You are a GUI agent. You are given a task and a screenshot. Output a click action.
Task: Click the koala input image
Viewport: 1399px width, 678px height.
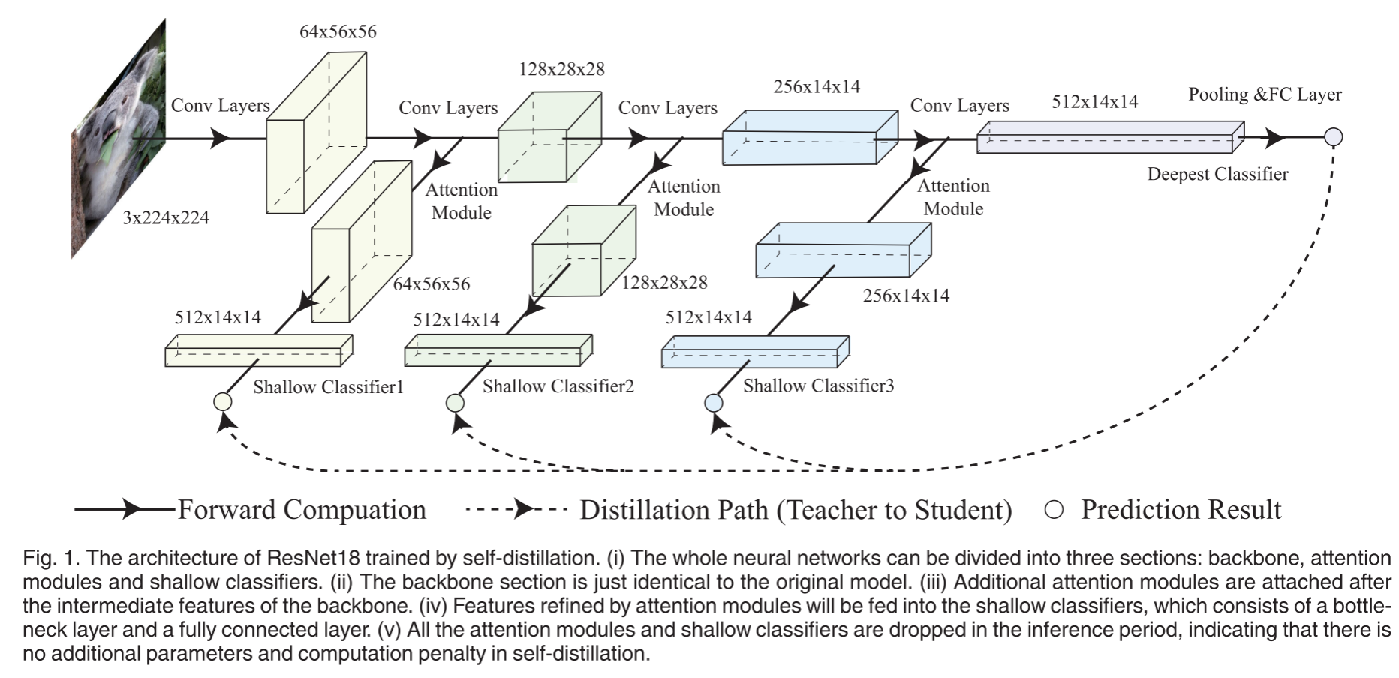pyautogui.click(x=118, y=139)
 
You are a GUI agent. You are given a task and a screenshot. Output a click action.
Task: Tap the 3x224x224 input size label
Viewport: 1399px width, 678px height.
pyautogui.click(x=166, y=218)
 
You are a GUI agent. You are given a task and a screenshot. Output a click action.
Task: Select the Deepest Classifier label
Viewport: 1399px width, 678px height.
pyautogui.click(x=1217, y=175)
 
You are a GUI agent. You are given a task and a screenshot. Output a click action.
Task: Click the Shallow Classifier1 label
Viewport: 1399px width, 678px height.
pyautogui.click(x=328, y=387)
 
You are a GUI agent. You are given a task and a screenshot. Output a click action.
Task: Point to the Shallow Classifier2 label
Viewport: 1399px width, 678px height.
pyautogui.click(x=558, y=386)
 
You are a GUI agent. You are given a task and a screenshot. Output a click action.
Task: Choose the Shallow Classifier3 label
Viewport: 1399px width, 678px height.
pyautogui.click(x=818, y=385)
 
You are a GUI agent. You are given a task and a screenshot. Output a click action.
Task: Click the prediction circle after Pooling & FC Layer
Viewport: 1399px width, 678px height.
pyautogui.click(x=1333, y=137)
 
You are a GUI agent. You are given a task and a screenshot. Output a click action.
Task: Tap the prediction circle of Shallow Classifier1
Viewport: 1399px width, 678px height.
pyautogui.click(x=223, y=402)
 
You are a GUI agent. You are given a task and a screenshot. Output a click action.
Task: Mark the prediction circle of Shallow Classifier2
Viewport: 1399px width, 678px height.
pyautogui.click(x=455, y=403)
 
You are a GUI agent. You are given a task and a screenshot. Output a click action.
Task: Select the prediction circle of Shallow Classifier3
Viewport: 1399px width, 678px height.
pyautogui.click(x=713, y=403)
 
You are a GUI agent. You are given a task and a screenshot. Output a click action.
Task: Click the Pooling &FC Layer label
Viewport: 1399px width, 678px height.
pyautogui.click(x=1265, y=94)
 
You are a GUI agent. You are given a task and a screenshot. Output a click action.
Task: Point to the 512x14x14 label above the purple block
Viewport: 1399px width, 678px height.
pyautogui.click(x=1094, y=102)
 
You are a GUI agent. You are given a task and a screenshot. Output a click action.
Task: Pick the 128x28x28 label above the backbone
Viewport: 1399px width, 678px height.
pyautogui.click(x=561, y=70)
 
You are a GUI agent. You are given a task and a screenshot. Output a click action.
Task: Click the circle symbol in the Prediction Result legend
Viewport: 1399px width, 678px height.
pyautogui.click(x=1054, y=510)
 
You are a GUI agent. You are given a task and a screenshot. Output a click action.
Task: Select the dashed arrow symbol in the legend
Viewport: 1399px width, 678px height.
pyautogui.click(x=516, y=510)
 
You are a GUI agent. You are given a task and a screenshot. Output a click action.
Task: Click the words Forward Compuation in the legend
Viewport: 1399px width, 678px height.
pyautogui.click(x=302, y=510)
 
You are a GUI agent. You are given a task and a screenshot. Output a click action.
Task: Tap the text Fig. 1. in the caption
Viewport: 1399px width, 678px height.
pyautogui.click(x=51, y=558)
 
